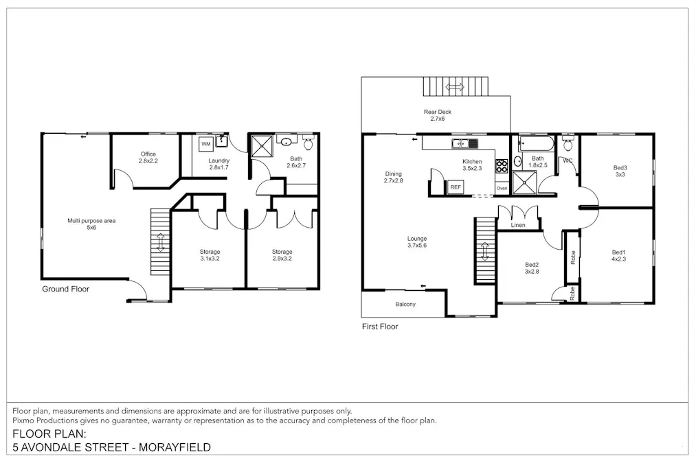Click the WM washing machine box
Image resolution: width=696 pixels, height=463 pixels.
click(206, 144)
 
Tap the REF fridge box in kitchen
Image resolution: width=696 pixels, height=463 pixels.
click(455, 187)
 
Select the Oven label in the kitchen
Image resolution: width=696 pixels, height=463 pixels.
click(502, 188)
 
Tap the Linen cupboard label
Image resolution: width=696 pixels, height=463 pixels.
click(518, 226)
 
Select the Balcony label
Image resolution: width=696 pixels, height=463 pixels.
click(405, 304)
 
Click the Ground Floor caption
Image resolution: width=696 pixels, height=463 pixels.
click(65, 289)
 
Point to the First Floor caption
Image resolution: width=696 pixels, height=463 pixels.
click(380, 327)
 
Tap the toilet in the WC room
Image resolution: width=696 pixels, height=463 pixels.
click(568, 145)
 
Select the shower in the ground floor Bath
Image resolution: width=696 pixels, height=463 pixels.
click(261, 146)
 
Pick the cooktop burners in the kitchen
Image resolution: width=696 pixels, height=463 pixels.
click(502, 165)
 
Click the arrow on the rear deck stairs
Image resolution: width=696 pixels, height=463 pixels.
click(454, 87)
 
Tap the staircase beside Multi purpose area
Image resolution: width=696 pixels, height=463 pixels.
click(159, 242)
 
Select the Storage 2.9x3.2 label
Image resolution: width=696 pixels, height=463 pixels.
click(282, 256)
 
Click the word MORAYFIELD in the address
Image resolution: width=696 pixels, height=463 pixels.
click(175, 447)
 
